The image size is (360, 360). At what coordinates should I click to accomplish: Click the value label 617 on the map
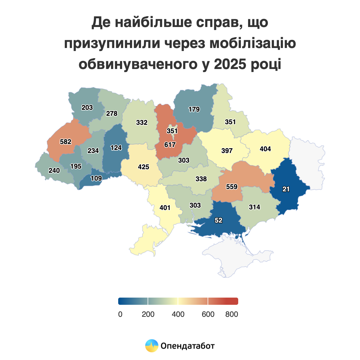pos(170,145)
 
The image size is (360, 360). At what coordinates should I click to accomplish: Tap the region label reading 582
pos(66,142)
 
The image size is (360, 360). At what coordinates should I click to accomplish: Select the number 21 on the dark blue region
pos(286,189)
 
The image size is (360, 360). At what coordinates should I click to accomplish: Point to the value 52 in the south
pos(219,220)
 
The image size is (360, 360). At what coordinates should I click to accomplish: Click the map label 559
pos(232,187)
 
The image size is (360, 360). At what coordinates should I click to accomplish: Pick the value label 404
pos(265,149)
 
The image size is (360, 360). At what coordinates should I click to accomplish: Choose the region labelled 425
pos(143,167)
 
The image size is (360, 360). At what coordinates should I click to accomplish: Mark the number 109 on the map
pos(96,178)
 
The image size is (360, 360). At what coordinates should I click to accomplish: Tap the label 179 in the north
pos(194,109)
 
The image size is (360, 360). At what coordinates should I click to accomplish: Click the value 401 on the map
pos(165,208)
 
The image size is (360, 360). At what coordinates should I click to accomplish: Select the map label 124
pos(116,148)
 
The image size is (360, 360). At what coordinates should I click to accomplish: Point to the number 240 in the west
pos(54,170)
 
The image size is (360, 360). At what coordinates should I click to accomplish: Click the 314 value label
pos(254,207)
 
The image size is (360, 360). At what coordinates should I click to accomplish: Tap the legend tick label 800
pos(232,314)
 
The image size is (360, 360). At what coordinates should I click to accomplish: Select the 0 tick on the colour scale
pos(120,314)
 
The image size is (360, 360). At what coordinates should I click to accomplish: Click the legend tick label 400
pos(178,314)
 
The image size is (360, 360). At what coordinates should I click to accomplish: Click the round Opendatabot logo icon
pos(152,346)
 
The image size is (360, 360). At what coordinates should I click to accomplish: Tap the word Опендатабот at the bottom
pos(188,346)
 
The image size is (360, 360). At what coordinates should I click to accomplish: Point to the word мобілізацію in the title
pos(253,43)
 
